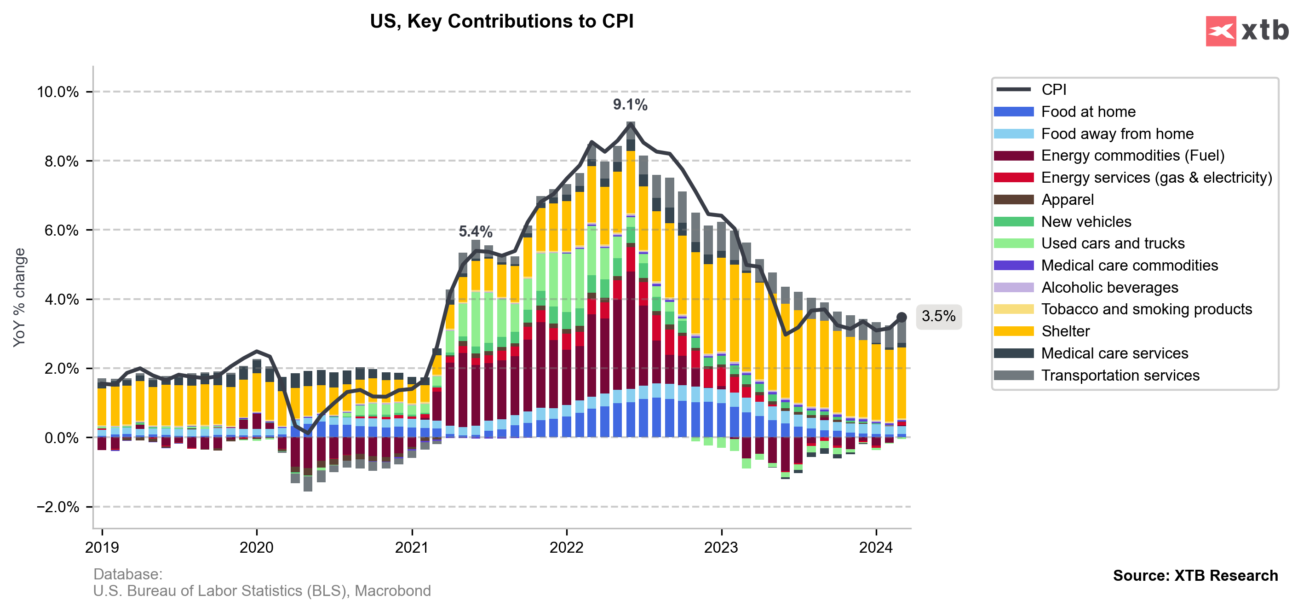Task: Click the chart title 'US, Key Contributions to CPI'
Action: click(501, 22)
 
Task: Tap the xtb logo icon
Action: click(1221, 31)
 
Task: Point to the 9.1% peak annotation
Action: click(630, 105)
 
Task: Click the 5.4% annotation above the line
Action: click(476, 232)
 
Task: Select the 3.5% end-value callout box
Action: click(938, 317)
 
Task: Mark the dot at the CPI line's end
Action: click(902, 317)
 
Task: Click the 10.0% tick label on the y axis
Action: click(57, 93)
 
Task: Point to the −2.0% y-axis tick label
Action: click(57, 507)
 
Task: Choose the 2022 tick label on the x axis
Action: click(566, 547)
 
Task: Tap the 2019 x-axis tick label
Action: click(102, 547)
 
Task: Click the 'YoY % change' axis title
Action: click(19, 297)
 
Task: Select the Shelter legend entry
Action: click(1065, 332)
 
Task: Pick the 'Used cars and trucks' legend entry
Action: click(1113, 244)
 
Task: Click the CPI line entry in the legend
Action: click(1053, 90)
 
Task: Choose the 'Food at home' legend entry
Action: click(1088, 112)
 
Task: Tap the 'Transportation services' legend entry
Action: click(1120, 376)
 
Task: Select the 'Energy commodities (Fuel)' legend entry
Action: click(1132, 156)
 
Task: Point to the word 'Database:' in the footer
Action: click(128, 574)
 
